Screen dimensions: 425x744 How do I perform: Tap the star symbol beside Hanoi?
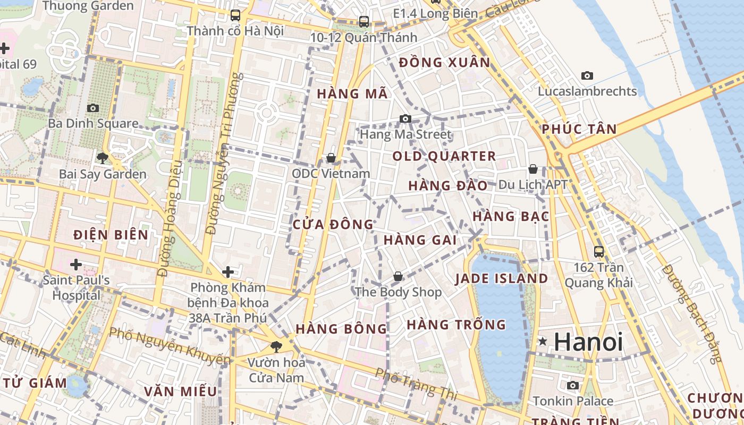(x=543, y=341)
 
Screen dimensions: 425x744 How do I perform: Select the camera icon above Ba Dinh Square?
(x=93, y=108)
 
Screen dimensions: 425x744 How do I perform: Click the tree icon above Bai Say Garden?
(x=102, y=158)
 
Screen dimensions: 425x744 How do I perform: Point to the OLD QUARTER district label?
(x=444, y=156)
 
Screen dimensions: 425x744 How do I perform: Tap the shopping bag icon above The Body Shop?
(x=398, y=276)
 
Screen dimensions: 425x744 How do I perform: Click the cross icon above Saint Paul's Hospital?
(x=76, y=264)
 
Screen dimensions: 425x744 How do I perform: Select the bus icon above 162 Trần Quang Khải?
(x=599, y=251)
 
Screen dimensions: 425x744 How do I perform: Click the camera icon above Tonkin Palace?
(x=573, y=385)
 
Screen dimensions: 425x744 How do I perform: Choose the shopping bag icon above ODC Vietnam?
(x=331, y=158)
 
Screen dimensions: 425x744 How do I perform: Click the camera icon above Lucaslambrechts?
(x=587, y=75)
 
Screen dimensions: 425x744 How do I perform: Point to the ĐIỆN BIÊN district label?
(x=111, y=234)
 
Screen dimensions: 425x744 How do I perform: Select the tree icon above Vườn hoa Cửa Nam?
(x=276, y=347)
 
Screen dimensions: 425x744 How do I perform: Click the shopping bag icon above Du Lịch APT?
(x=533, y=169)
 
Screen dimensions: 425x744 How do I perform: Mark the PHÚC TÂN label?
(x=579, y=129)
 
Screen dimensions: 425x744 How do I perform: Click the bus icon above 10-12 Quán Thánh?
(x=364, y=22)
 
